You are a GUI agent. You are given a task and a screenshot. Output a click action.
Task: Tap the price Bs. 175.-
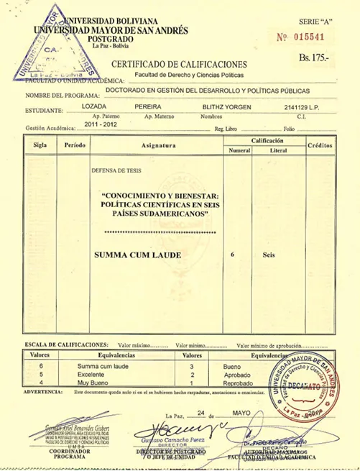317,55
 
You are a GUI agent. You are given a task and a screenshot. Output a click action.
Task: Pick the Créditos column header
320,145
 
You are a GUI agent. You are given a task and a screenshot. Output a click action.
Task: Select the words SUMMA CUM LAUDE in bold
137,255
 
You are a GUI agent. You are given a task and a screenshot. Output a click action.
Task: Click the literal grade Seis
269,255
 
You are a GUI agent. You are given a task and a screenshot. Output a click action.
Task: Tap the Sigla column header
40,145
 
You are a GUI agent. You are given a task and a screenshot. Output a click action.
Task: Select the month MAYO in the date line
243,414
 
